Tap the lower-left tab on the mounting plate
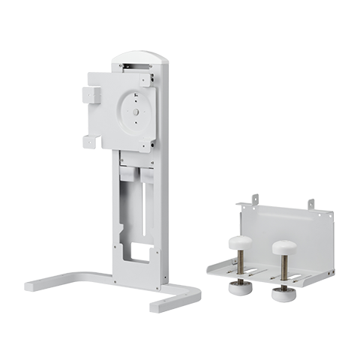tap(91, 139)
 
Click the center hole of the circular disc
tap(135, 113)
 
